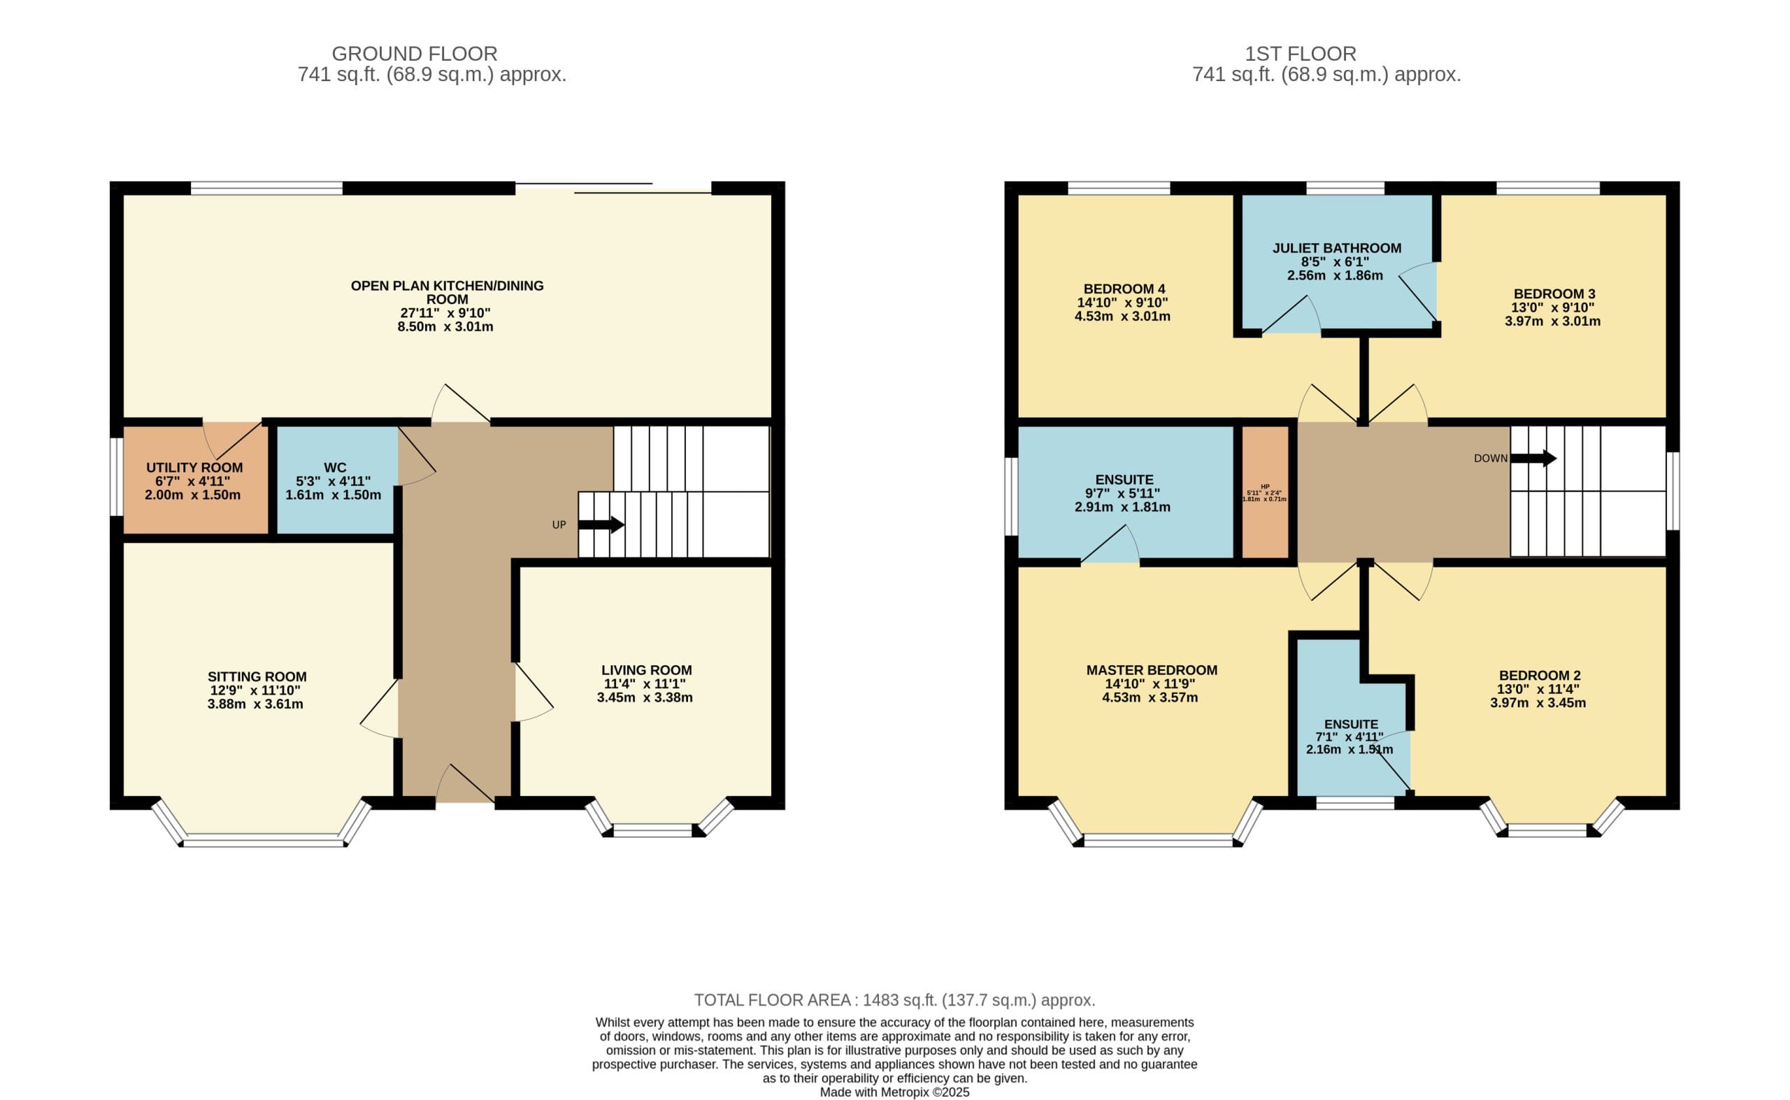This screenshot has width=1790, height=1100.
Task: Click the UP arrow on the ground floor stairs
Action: point(601,525)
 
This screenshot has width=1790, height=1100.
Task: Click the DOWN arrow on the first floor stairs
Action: point(1533,458)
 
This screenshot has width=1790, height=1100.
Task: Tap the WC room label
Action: point(335,468)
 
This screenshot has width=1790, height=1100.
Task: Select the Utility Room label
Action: point(194,468)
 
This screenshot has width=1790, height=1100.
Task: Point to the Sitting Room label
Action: point(257,676)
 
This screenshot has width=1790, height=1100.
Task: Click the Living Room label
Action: point(646,670)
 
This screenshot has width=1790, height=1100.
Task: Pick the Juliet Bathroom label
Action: point(1336,248)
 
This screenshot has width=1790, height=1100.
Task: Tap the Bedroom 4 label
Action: point(1124,289)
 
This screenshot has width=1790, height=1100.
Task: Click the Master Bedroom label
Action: point(1152,670)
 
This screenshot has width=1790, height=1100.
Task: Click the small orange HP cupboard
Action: point(1265,492)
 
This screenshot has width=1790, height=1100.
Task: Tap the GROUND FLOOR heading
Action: point(414,54)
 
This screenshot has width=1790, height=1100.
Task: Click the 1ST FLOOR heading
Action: point(1300,54)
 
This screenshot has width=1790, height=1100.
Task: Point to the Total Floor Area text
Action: point(894,1000)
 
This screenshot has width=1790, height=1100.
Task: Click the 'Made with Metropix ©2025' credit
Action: point(894,1092)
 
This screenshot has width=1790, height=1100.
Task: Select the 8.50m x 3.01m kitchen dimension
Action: point(445,326)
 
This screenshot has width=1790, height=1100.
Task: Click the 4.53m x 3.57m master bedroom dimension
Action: point(1150,697)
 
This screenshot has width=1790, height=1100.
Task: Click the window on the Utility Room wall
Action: point(117,477)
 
